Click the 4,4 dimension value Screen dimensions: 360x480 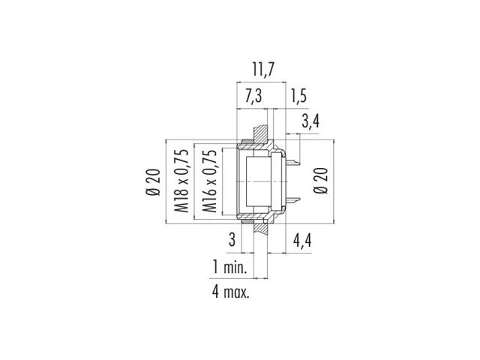coord(303,241)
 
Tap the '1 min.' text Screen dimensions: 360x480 coord(229,268)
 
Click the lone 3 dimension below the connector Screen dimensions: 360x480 coord(234,241)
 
